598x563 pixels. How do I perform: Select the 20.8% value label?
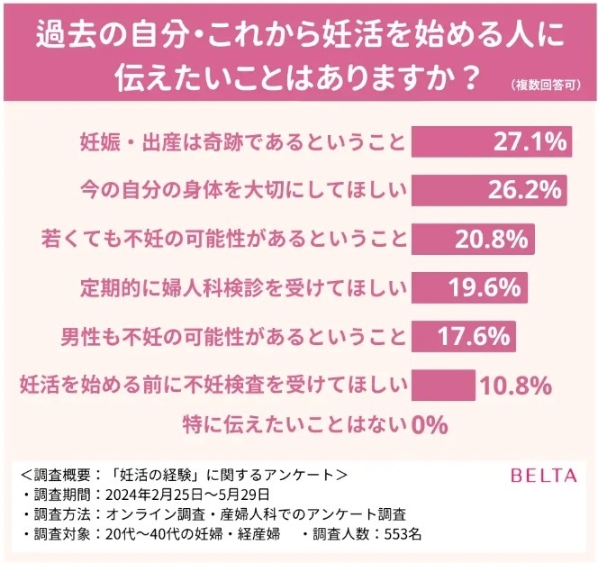click(x=493, y=240)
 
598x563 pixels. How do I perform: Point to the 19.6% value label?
click(x=485, y=288)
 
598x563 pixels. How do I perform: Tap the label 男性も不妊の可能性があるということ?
click(x=233, y=338)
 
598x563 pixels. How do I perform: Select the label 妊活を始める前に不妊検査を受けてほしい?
click(x=213, y=386)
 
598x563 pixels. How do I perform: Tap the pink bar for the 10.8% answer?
click(x=443, y=386)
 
